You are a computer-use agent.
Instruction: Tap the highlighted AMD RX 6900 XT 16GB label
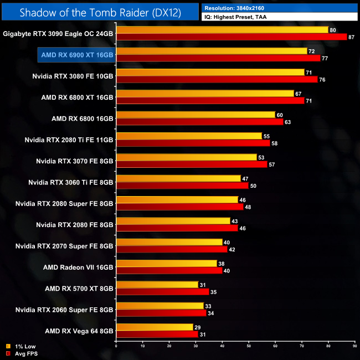pyautogui.click(x=77, y=55)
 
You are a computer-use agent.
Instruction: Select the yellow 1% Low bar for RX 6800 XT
pyautogui.click(x=204, y=94)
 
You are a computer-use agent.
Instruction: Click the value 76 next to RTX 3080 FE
pyautogui.click(x=322, y=79)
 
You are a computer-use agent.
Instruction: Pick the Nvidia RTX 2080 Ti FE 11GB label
pyautogui.click(x=69, y=140)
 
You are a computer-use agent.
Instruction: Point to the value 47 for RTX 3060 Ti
pyautogui.click(x=245, y=178)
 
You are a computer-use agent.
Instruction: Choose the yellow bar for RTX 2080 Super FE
pyautogui.click(x=177, y=199)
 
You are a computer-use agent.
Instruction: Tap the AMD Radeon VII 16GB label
pyautogui.click(x=78, y=266)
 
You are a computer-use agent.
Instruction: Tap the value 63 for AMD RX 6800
pyautogui.click(x=287, y=122)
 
